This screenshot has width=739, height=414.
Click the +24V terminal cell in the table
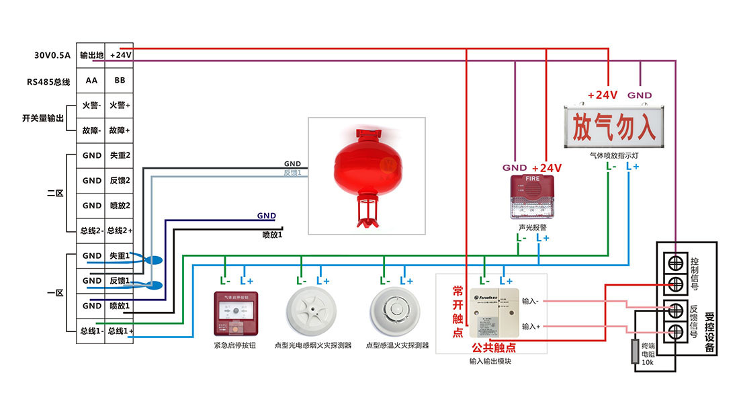coord(120,55)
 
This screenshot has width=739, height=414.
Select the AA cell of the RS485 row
coord(91,81)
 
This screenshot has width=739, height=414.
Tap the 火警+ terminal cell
coord(120,106)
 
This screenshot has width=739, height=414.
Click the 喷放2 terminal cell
coord(120,206)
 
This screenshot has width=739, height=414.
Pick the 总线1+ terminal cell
coord(120,331)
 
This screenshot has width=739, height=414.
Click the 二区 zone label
coord(55,193)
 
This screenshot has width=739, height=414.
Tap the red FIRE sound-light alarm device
coord(532,198)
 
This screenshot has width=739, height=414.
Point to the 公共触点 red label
coord(494,347)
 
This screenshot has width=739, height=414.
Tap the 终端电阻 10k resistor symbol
coord(634,352)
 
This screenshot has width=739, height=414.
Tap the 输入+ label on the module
coord(530,327)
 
